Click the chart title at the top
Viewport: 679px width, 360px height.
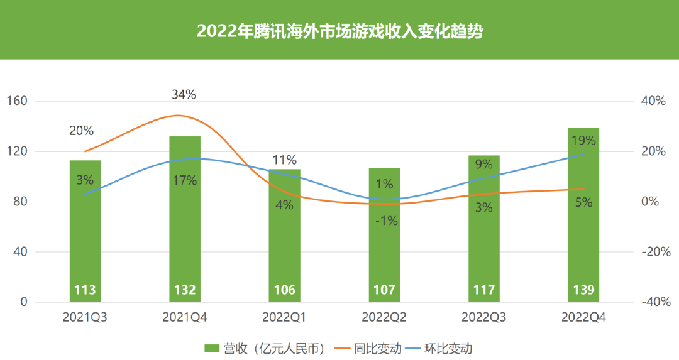pos(339,31)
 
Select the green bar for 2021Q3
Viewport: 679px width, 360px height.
pos(85,239)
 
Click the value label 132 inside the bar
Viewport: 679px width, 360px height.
pos(185,290)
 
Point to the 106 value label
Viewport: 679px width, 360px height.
pos(284,290)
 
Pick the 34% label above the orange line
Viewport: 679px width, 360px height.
pos(184,95)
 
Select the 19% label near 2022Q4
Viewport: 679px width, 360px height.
pos(583,141)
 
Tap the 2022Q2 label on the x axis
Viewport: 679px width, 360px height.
pos(384,318)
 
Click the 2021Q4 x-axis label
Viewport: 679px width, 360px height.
pos(184,318)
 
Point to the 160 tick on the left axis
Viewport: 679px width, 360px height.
pos(17,101)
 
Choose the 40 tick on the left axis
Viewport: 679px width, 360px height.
pos(20,252)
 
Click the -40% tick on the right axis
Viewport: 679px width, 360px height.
pos(653,302)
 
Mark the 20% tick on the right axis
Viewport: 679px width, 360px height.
pos(653,151)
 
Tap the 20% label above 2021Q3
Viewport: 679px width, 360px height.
pos(82,131)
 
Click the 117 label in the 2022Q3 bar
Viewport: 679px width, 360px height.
pos(483,290)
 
